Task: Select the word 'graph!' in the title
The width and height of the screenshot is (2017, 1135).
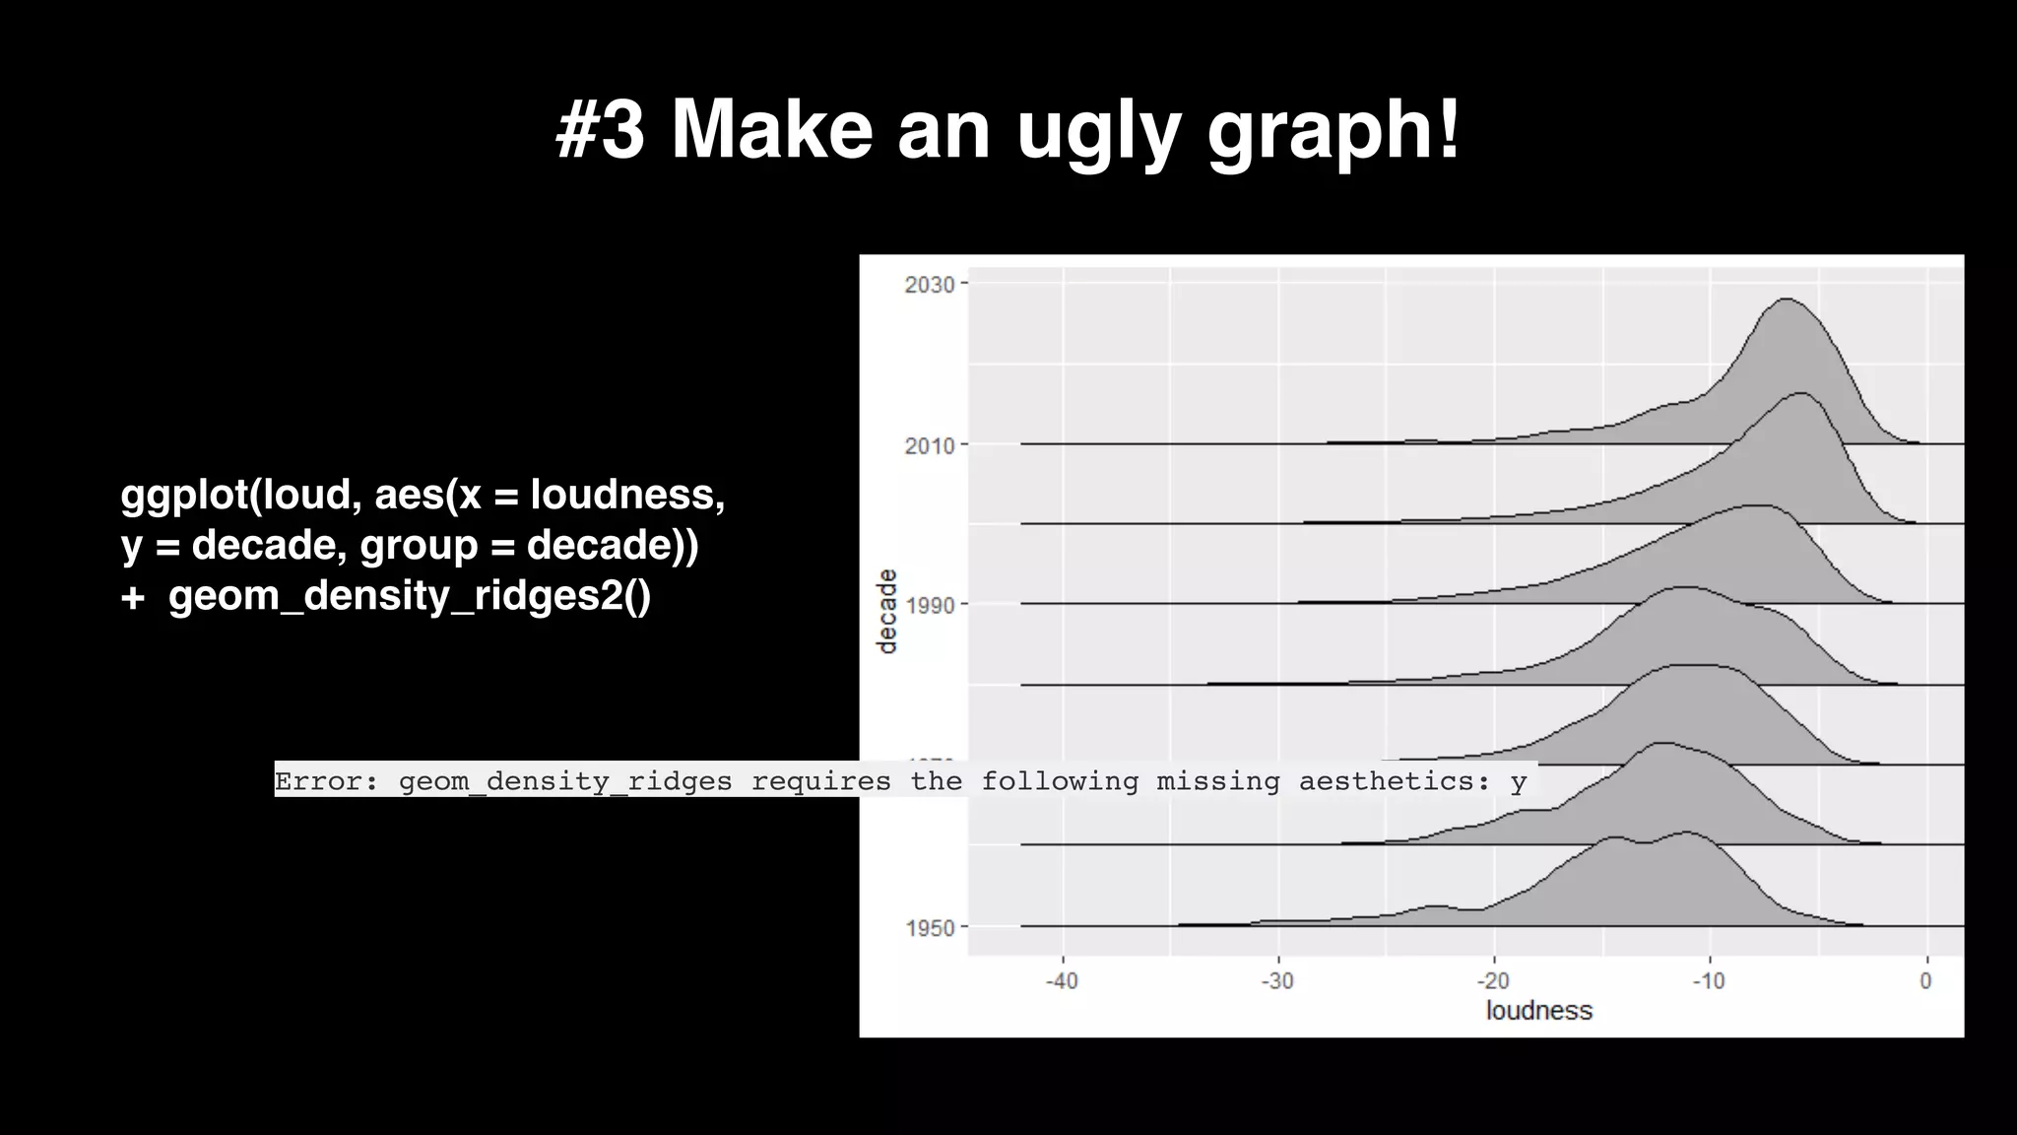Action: tap(1334, 132)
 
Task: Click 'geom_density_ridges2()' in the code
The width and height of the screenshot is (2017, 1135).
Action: tap(409, 596)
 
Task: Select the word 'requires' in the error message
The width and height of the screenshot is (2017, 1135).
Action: tap(820, 781)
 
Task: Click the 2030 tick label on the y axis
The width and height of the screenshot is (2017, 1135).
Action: tap(929, 285)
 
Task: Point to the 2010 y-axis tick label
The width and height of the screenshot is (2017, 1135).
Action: tap(929, 445)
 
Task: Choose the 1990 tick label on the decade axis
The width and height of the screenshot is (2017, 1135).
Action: tap(929, 605)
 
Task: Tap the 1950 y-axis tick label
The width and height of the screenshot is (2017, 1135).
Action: tap(929, 927)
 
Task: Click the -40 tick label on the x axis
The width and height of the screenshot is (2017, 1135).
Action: tap(1062, 981)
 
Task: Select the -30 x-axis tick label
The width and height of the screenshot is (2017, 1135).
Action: tap(1277, 981)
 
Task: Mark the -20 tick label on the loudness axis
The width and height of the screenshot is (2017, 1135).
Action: tap(1493, 981)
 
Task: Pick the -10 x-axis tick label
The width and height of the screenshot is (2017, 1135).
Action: tap(1709, 981)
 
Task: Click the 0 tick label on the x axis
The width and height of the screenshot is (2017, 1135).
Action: tap(1926, 981)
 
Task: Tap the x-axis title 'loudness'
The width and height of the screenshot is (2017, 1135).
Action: tap(1538, 1011)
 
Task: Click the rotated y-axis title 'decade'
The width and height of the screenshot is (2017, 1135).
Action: tap(887, 611)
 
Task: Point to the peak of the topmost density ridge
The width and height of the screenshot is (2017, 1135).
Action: tap(1785, 299)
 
